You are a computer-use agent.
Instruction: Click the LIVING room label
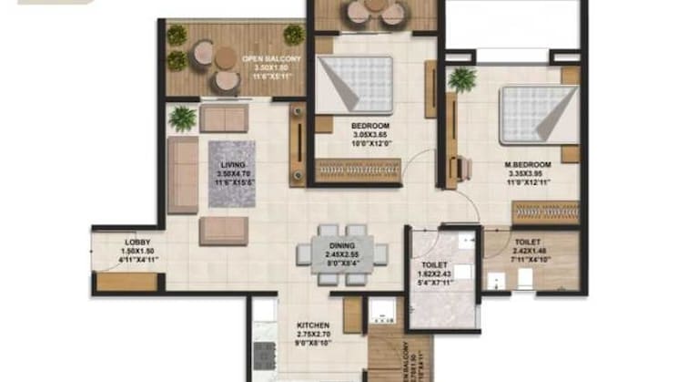(x=233, y=164)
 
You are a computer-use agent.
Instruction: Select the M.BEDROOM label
(x=524, y=166)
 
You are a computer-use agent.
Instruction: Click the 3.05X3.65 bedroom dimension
(x=370, y=134)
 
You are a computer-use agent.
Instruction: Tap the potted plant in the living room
(x=183, y=118)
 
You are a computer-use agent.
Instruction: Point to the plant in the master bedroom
(x=462, y=78)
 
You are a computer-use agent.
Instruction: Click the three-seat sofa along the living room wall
(x=182, y=175)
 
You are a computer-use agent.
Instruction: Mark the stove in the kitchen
(x=263, y=356)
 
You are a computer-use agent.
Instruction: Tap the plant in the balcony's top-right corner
(x=293, y=35)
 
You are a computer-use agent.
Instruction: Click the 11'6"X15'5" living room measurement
(x=233, y=182)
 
